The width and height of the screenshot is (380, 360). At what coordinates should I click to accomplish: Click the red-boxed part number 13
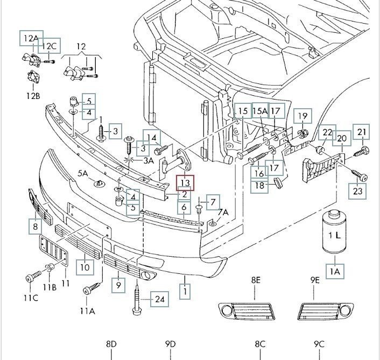[x=185, y=183]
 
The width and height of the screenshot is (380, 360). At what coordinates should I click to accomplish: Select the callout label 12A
[x=30, y=38]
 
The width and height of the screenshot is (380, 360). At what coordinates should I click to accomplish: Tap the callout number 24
[x=159, y=299]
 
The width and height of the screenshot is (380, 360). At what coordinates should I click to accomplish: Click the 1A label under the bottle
[x=335, y=272]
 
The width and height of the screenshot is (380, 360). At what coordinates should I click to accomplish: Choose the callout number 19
[x=302, y=116]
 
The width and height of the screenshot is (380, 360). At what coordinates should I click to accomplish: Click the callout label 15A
[x=259, y=111]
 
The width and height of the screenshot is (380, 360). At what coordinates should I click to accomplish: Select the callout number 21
[x=361, y=132]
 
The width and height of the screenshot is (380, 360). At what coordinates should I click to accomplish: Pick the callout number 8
[x=36, y=227]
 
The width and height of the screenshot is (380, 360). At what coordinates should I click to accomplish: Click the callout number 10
[x=85, y=266]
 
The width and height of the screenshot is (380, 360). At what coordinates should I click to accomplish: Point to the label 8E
[x=255, y=280]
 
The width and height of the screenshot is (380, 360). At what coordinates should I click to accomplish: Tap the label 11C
[x=30, y=298]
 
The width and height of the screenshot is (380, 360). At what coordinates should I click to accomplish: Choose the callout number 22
[x=327, y=132]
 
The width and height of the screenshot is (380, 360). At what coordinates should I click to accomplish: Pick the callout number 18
[x=261, y=186]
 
